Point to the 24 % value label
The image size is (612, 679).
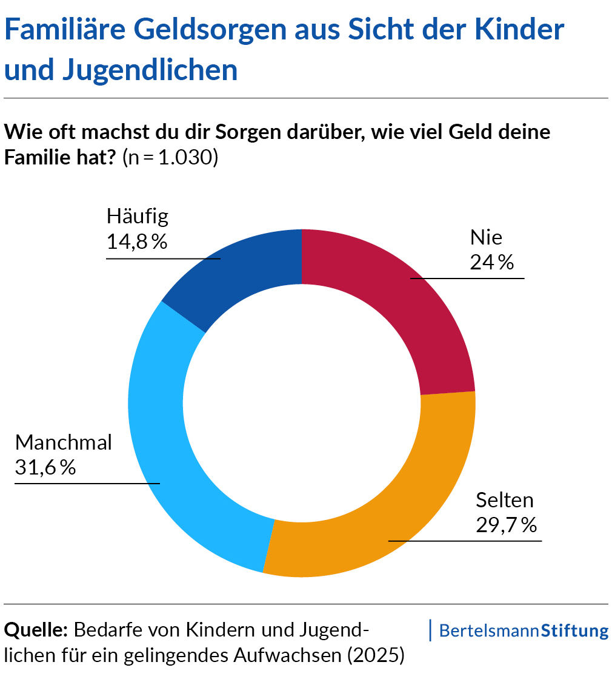coord(491,262)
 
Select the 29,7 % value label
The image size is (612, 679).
coord(506,525)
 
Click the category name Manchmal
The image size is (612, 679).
coord(64,442)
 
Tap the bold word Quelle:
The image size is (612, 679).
coord(36,630)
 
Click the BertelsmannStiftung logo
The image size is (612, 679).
coord(523,630)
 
